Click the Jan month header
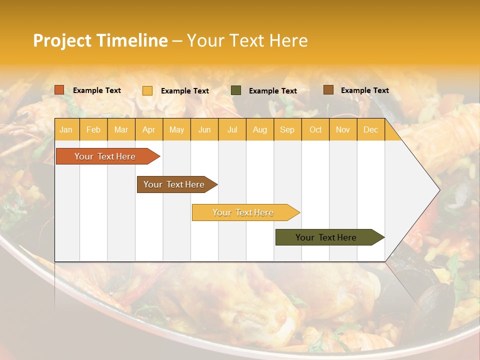point(66,130)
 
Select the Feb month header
point(93,130)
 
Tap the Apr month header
point(148,130)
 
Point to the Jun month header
point(204,130)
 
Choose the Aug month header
point(259,130)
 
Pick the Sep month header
point(287,130)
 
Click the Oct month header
point(315,130)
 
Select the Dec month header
point(370,130)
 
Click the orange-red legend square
point(59,90)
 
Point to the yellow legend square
point(147,90)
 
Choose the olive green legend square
point(236,90)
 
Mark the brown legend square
point(328,90)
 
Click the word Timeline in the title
point(132,40)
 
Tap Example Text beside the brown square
point(364,90)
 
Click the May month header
point(176,130)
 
